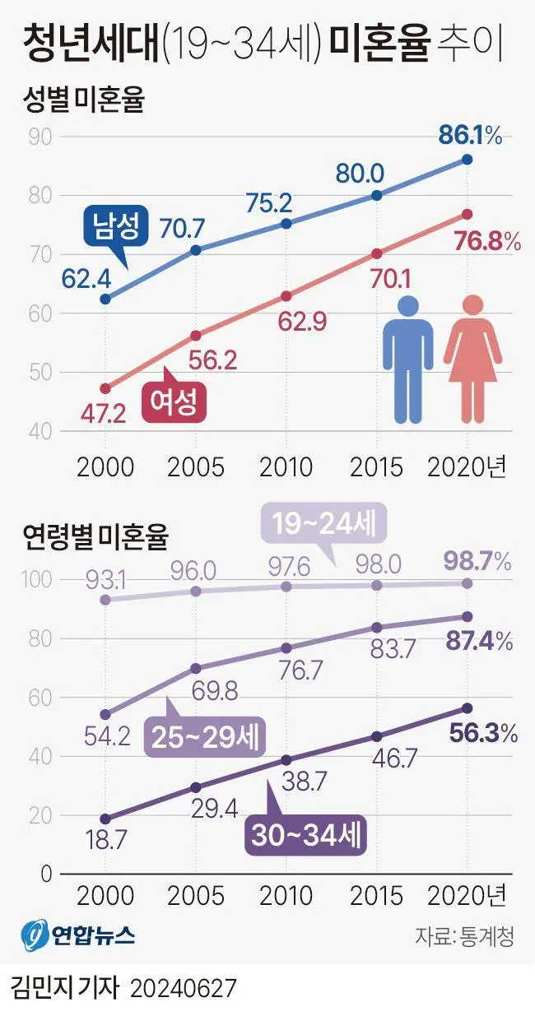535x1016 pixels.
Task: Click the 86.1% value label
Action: coord(470,137)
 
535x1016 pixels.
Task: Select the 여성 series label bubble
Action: coord(173,402)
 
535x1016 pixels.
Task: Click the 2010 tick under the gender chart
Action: coord(286,467)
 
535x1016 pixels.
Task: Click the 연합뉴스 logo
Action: coord(79,935)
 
